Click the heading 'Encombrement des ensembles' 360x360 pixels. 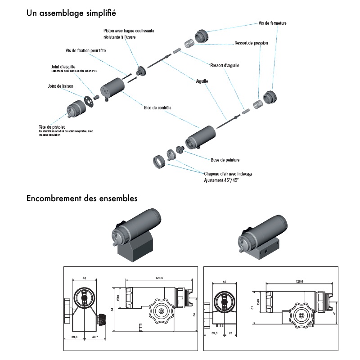click(x=82, y=198)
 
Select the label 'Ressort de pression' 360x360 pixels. click(x=251, y=43)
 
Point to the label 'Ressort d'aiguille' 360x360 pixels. click(x=225, y=65)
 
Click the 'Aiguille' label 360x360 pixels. click(x=202, y=82)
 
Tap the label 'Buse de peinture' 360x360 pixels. click(x=225, y=160)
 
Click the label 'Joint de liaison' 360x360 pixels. click(x=60, y=86)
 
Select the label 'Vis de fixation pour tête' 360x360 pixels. click(x=85, y=51)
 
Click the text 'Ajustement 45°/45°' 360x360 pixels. click(x=221, y=180)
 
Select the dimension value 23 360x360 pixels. click(x=230, y=333)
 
